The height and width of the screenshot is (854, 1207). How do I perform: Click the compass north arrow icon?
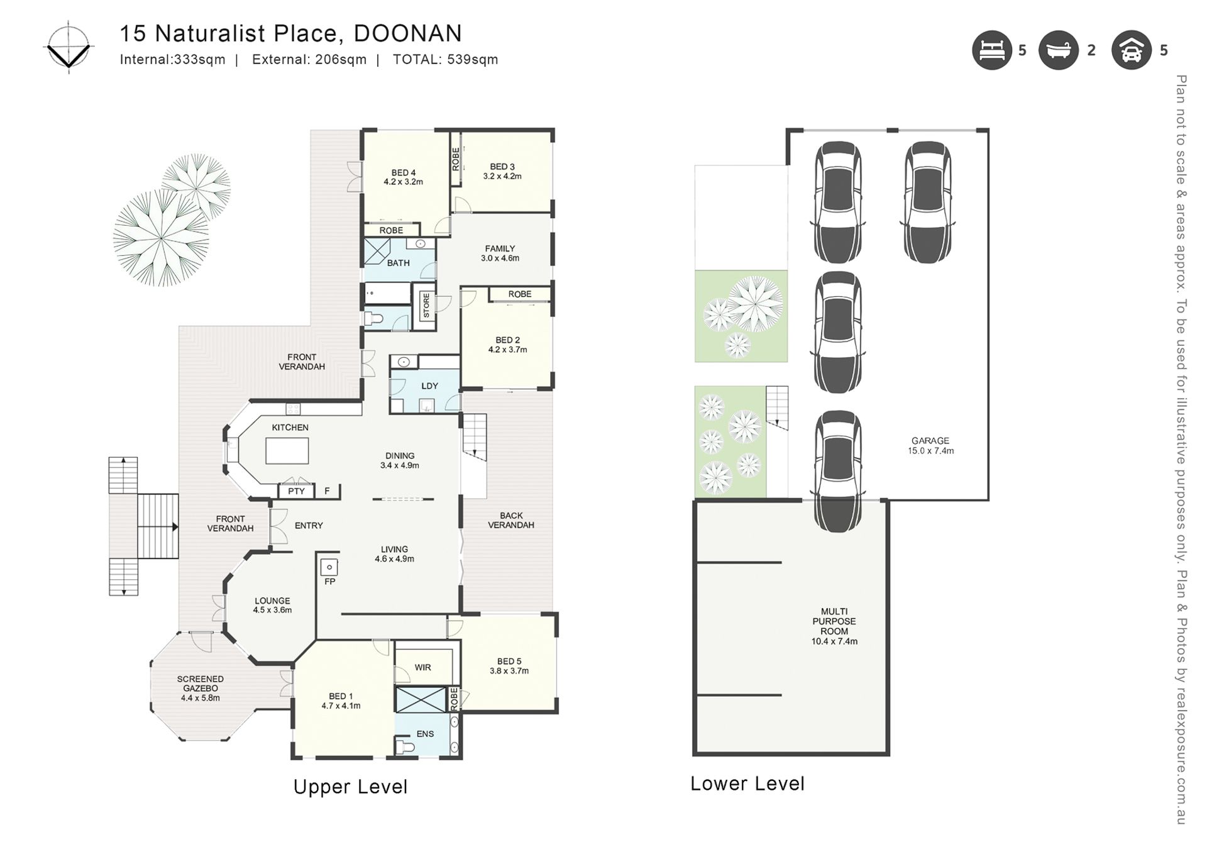click(x=69, y=47)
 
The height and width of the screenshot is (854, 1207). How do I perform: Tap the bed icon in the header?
click(x=992, y=50)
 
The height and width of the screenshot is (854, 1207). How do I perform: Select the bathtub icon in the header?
click(x=1059, y=50)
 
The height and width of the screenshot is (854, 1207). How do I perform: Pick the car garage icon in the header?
click(x=1132, y=50)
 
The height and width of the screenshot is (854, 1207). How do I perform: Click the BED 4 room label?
click(x=404, y=173)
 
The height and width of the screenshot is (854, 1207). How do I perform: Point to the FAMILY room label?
click(x=500, y=248)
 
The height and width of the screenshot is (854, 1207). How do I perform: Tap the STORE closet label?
click(x=426, y=306)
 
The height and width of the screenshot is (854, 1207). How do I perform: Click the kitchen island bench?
click(x=287, y=451)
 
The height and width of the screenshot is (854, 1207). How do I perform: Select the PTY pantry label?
click(x=296, y=491)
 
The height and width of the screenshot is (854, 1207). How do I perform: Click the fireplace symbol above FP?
click(x=329, y=567)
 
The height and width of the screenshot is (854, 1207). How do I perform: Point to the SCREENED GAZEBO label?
click(x=201, y=684)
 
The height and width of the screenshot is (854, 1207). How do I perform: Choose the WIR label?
click(x=423, y=667)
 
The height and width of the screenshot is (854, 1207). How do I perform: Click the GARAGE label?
click(x=930, y=441)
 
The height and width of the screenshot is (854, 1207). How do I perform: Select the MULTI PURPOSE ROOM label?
click(x=834, y=621)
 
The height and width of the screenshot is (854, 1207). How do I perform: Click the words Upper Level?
click(x=351, y=787)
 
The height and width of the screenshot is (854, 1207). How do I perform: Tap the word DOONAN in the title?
click(x=408, y=33)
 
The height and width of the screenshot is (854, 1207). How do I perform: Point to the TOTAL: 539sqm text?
click(x=446, y=60)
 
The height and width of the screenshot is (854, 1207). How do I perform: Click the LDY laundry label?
click(x=430, y=386)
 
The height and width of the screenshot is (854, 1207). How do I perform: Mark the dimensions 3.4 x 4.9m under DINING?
click(x=400, y=466)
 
